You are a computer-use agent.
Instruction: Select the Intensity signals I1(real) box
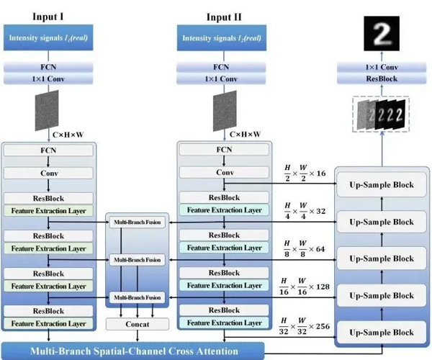[x=49, y=37]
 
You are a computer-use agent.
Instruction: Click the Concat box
[x=137, y=325]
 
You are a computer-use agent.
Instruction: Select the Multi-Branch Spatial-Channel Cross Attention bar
[x=133, y=352]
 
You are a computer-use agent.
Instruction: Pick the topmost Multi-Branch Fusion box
[x=137, y=222]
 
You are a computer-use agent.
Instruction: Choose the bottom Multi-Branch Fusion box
[x=137, y=297]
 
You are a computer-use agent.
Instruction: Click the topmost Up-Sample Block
[x=382, y=184]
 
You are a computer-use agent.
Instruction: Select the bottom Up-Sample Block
[x=382, y=333]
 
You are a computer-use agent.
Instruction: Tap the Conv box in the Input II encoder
[x=225, y=173]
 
